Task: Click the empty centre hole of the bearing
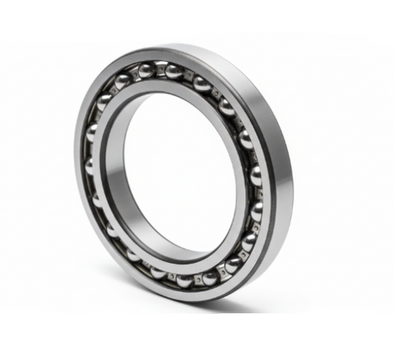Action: [170, 170]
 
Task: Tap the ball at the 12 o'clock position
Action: [175, 72]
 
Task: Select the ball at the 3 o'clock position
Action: [256, 176]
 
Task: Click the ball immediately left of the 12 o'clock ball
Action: [147, 70]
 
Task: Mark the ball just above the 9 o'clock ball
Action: [93, 133]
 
